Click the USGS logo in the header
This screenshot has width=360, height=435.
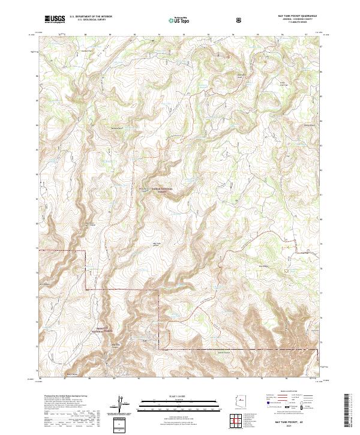click(x=55, y=19)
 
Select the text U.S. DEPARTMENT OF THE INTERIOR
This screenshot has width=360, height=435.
click(x=91, y=16)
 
